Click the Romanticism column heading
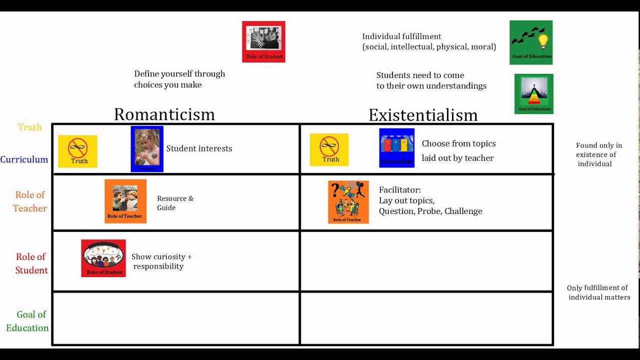coord(164,114)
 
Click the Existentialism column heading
coord(423,115)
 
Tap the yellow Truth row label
coord(30,127)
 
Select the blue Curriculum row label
coord(24,160)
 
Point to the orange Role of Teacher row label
coord(30,201)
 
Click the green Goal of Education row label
coord(28,321)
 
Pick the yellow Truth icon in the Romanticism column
coord(77,151)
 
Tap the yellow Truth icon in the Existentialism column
coord(329,149)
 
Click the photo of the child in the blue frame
coord(147,148)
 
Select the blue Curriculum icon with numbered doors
coord(397,147)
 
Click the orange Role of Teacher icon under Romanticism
coord(125,201)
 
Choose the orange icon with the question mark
coord(348,202)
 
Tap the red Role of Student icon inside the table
coord(103,258)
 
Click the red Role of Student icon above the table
coord(263,41)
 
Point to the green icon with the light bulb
coord(531,42)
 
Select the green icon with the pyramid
coord(534,94)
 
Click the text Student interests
coord(199,148)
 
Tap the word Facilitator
coord(399,190)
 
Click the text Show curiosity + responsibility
coord(161,261)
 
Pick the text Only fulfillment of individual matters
coord(598,292)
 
